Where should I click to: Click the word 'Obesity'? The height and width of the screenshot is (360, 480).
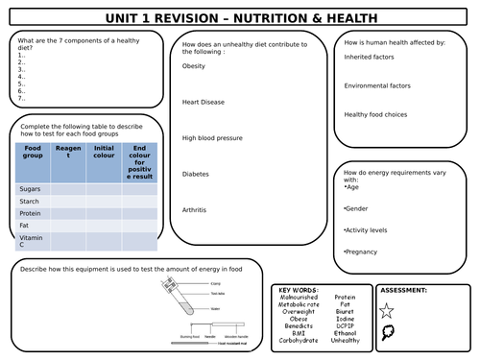coord(194,66)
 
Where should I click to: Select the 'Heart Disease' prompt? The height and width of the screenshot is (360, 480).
coord(203,102)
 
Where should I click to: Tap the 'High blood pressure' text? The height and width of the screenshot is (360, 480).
coord(212,137)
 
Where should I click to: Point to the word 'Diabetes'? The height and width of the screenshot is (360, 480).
coord(196,174)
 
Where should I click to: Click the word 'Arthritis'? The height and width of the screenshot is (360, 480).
coord(195,209)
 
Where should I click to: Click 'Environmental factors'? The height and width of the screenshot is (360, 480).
coord(377,85)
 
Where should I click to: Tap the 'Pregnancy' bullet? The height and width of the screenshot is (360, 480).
coord(362,252)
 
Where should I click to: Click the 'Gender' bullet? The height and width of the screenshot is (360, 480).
coord(356,207)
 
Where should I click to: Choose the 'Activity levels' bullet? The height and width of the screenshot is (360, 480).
coord(368,229)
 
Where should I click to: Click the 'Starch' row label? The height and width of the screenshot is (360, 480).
coord(30,202)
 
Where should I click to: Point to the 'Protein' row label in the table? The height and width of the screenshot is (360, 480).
coord(31,214)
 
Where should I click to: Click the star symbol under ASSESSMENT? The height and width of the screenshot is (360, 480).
coord(387,310)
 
